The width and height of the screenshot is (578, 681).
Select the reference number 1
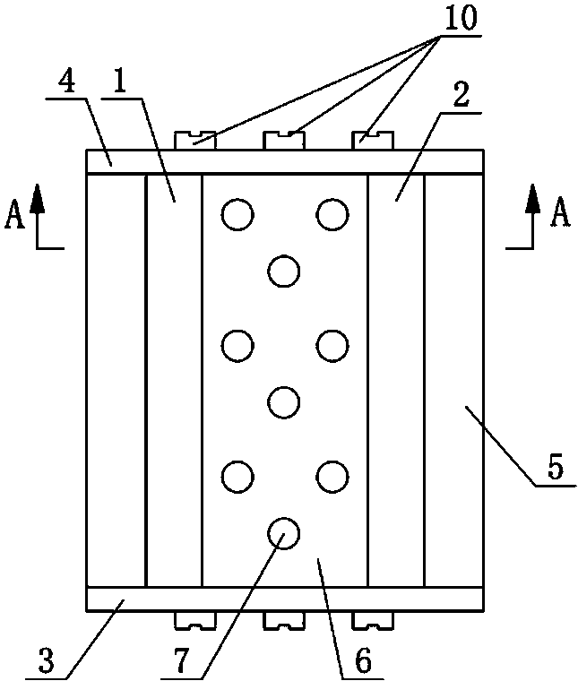click(119, 82)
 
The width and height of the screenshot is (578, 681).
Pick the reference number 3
click(47, 660)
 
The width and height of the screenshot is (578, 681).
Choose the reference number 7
click(182, 660)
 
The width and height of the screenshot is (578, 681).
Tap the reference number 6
click(364, 661)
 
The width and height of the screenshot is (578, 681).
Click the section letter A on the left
click(14, 216)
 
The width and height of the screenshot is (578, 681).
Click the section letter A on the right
click(560, 213)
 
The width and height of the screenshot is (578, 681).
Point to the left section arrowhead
click(38, 199)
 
